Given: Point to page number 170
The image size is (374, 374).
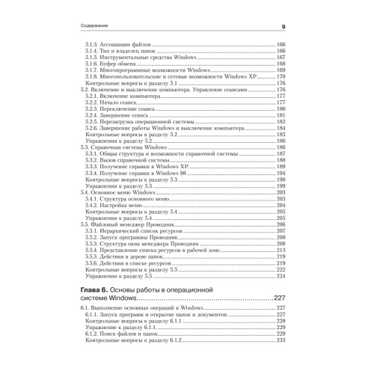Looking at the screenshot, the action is pos(282,76).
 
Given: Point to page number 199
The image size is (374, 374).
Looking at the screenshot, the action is pos(282,186).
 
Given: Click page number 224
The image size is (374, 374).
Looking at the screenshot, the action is pos(282,275).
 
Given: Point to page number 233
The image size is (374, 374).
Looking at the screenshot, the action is pos(282,340).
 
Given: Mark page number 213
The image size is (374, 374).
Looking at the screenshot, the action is pos(282,250).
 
